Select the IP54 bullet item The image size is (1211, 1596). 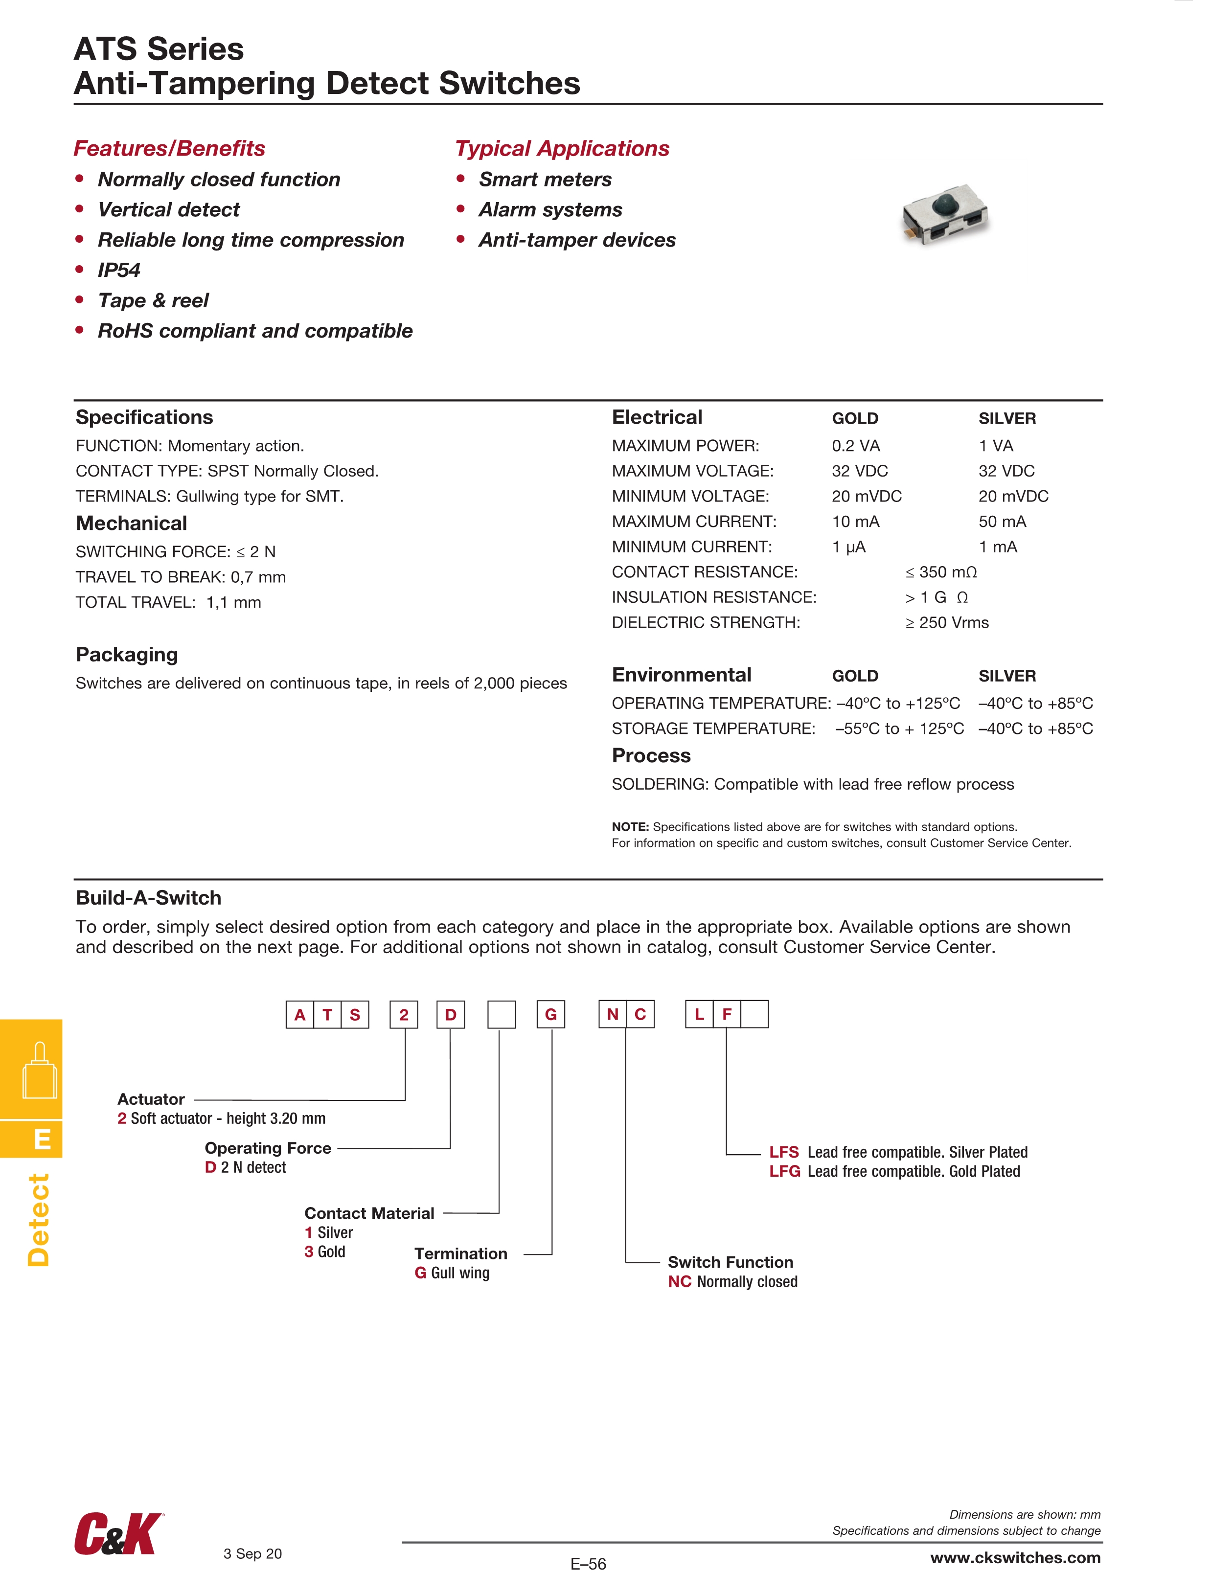point(119,270)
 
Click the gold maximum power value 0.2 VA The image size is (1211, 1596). point(856,446)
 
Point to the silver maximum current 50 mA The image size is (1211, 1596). point(1003,522)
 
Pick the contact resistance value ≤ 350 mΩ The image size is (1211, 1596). point(941,572)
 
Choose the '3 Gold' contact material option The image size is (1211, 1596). point(325,1252)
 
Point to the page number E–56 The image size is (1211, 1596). point(588,1564)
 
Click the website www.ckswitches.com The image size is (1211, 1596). point(1015,1558)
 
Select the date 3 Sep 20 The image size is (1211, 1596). point(252,1553)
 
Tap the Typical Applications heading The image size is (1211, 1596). point(562,149)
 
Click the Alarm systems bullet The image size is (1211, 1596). point(550,210)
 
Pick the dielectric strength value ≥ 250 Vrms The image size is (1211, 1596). point(947,623)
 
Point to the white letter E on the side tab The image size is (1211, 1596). point(43,1140)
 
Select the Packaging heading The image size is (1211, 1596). point(127,655)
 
